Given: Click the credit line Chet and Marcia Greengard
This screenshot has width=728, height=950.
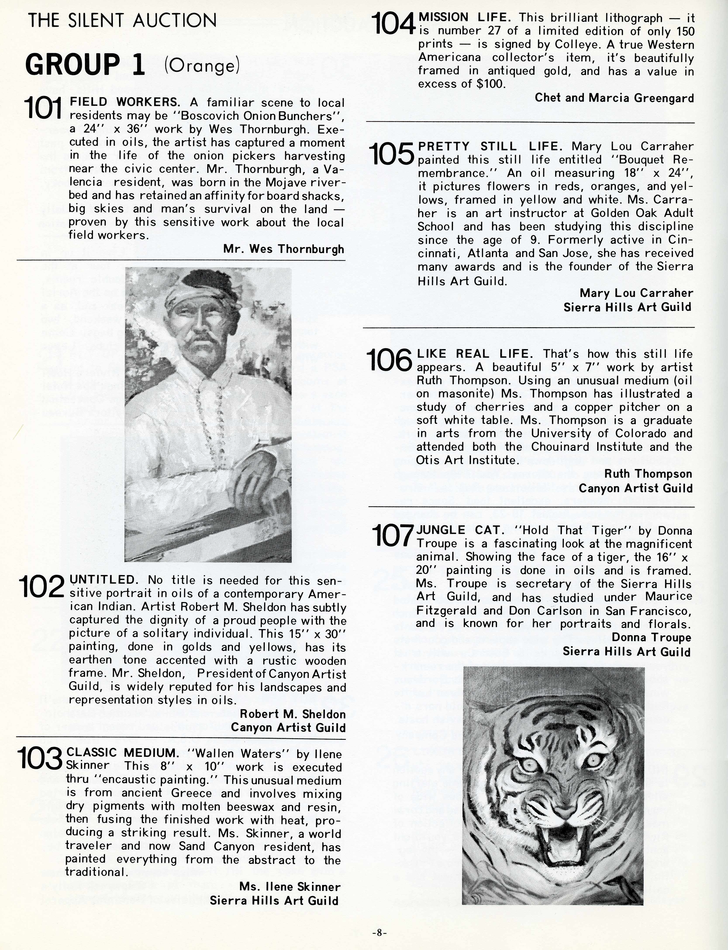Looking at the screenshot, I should click(x=614, y=98).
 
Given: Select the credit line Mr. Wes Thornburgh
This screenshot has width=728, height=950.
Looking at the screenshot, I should click(x=284, y=249).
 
